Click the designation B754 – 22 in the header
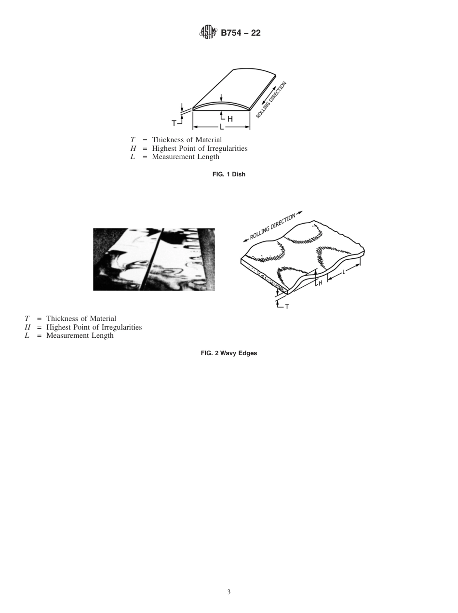241,33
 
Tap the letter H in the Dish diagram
230,119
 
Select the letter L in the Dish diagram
221,127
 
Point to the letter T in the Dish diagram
174,123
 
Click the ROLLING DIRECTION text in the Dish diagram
271,100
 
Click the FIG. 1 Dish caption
229,174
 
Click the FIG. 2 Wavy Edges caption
229,353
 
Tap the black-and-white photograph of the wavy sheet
154,259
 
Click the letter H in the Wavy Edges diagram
320,284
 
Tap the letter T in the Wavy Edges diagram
287,306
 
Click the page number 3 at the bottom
229,592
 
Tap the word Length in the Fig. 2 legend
103,335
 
